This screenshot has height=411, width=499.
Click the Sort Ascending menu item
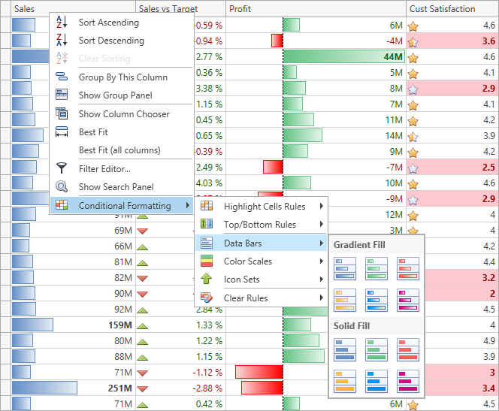pyautogui.click(x=108, y=23)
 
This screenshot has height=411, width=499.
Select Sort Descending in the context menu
pyautogui.click(x=111, y=41)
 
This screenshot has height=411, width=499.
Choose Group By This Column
pyautogui.click(x=122, y=77)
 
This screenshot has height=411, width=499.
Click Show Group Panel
pyautogui.click(x=115, y=95)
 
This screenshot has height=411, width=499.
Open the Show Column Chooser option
pyautogui.click(x=124, y=114)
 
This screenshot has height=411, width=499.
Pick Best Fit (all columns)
pyautogui.click(x=119, y=150)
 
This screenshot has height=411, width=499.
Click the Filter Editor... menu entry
pyautogui.click(x=104, y=169)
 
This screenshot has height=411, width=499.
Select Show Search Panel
pyautogui.click(x=116, y=187)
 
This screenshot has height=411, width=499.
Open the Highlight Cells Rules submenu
pyautogui.click(x=265, y=207)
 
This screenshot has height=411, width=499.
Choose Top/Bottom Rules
pyautogui.click(x=259, y=225)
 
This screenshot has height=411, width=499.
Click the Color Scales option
pyautogui.click(x=248, y=261)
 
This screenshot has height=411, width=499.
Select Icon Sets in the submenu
pyautogui.click(x=242, y=280)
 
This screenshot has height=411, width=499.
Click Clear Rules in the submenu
pyautogui.click(x=246, y=298)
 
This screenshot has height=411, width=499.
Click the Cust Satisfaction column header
pyautogui.click(x=442, y=9)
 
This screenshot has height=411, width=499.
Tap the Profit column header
pyautogui.click(x=240, y=9)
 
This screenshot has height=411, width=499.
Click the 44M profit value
pyautogui.click(x=393, y=57)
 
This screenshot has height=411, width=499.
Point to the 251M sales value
pyautogui.click(x=120, y=388)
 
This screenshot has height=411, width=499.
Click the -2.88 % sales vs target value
pyautogui.click(x=208, y=388)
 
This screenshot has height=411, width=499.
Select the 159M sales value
pyautogui.click(x=120, y=325)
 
